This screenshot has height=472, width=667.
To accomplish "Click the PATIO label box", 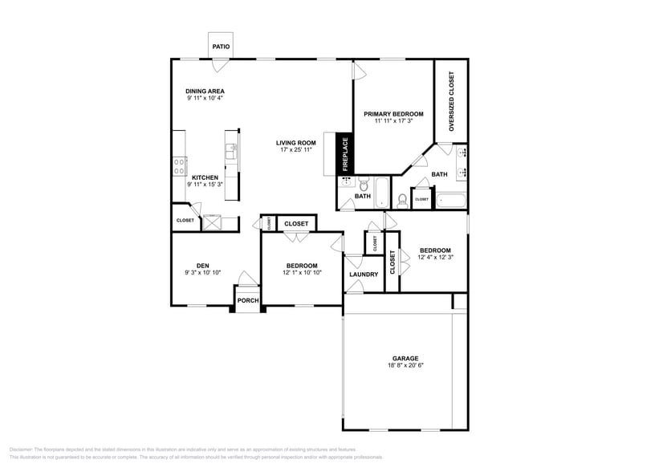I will [221, 47].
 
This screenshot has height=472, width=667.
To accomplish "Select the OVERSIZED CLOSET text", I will [451, 100].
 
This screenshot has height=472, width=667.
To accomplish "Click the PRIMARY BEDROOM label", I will [393, 114].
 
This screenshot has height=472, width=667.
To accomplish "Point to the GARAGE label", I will [405, 359].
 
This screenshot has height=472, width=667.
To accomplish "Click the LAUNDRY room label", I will [364, 275].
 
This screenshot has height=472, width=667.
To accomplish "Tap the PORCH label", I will [247, 301].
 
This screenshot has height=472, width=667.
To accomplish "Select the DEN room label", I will [203, 266].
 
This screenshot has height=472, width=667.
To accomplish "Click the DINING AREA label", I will [205, 92].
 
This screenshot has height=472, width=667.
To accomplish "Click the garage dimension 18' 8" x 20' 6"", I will [405, 366].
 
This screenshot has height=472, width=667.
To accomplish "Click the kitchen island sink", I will [231, 148].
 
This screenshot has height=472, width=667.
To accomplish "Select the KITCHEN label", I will [205, 177].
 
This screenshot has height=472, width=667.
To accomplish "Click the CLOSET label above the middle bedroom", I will [296, 224].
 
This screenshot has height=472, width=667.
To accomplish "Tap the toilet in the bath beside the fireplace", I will [363, 184].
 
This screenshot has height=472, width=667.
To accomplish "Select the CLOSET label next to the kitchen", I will [185, 220].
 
